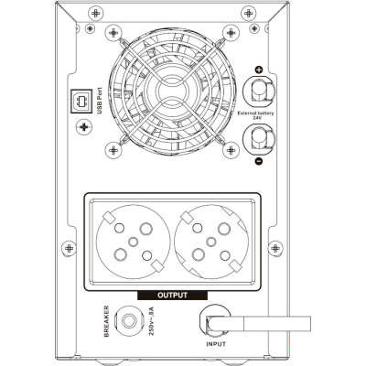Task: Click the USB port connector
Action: pyautogui.click(x=81, y=101)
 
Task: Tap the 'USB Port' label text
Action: pyautogui.click(x=100, y=101)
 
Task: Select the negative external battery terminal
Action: pyautogui.click(x=259, y=139)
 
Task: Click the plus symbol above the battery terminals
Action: pyautogui.click(x=259, y=70)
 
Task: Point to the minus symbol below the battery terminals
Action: pyautogui.click(x=259, y=161)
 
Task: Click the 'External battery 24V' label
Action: pyautogui.click(x=255, y=115)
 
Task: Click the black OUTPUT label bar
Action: pyautogui.click(x=173, y=296)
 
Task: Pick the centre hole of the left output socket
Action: pyautogui.click(x=133, y=242)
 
